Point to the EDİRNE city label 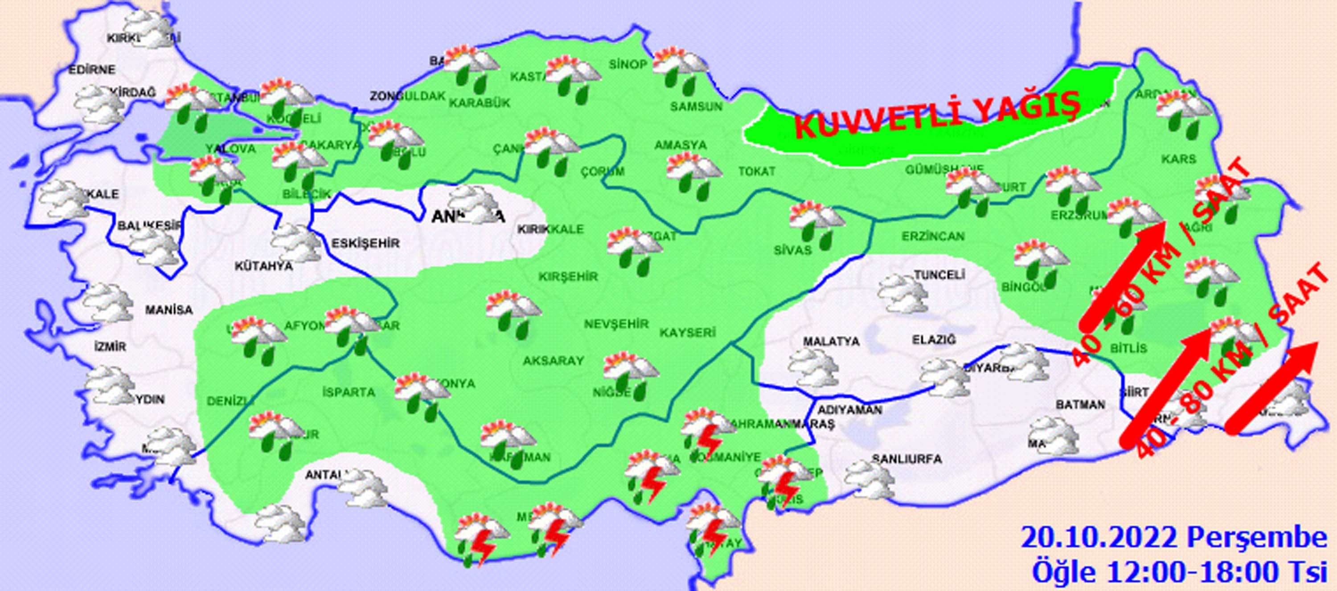[x=92, y=69]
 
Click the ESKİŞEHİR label [x=365, y=243]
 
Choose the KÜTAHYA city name [x=264, y=267]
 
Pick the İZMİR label [x=110, y=346]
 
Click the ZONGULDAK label [x=407, y=96]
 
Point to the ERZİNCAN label [x=933, y=236]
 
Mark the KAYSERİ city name [x=688, y=332]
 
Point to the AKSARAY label [x=553, y=361]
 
